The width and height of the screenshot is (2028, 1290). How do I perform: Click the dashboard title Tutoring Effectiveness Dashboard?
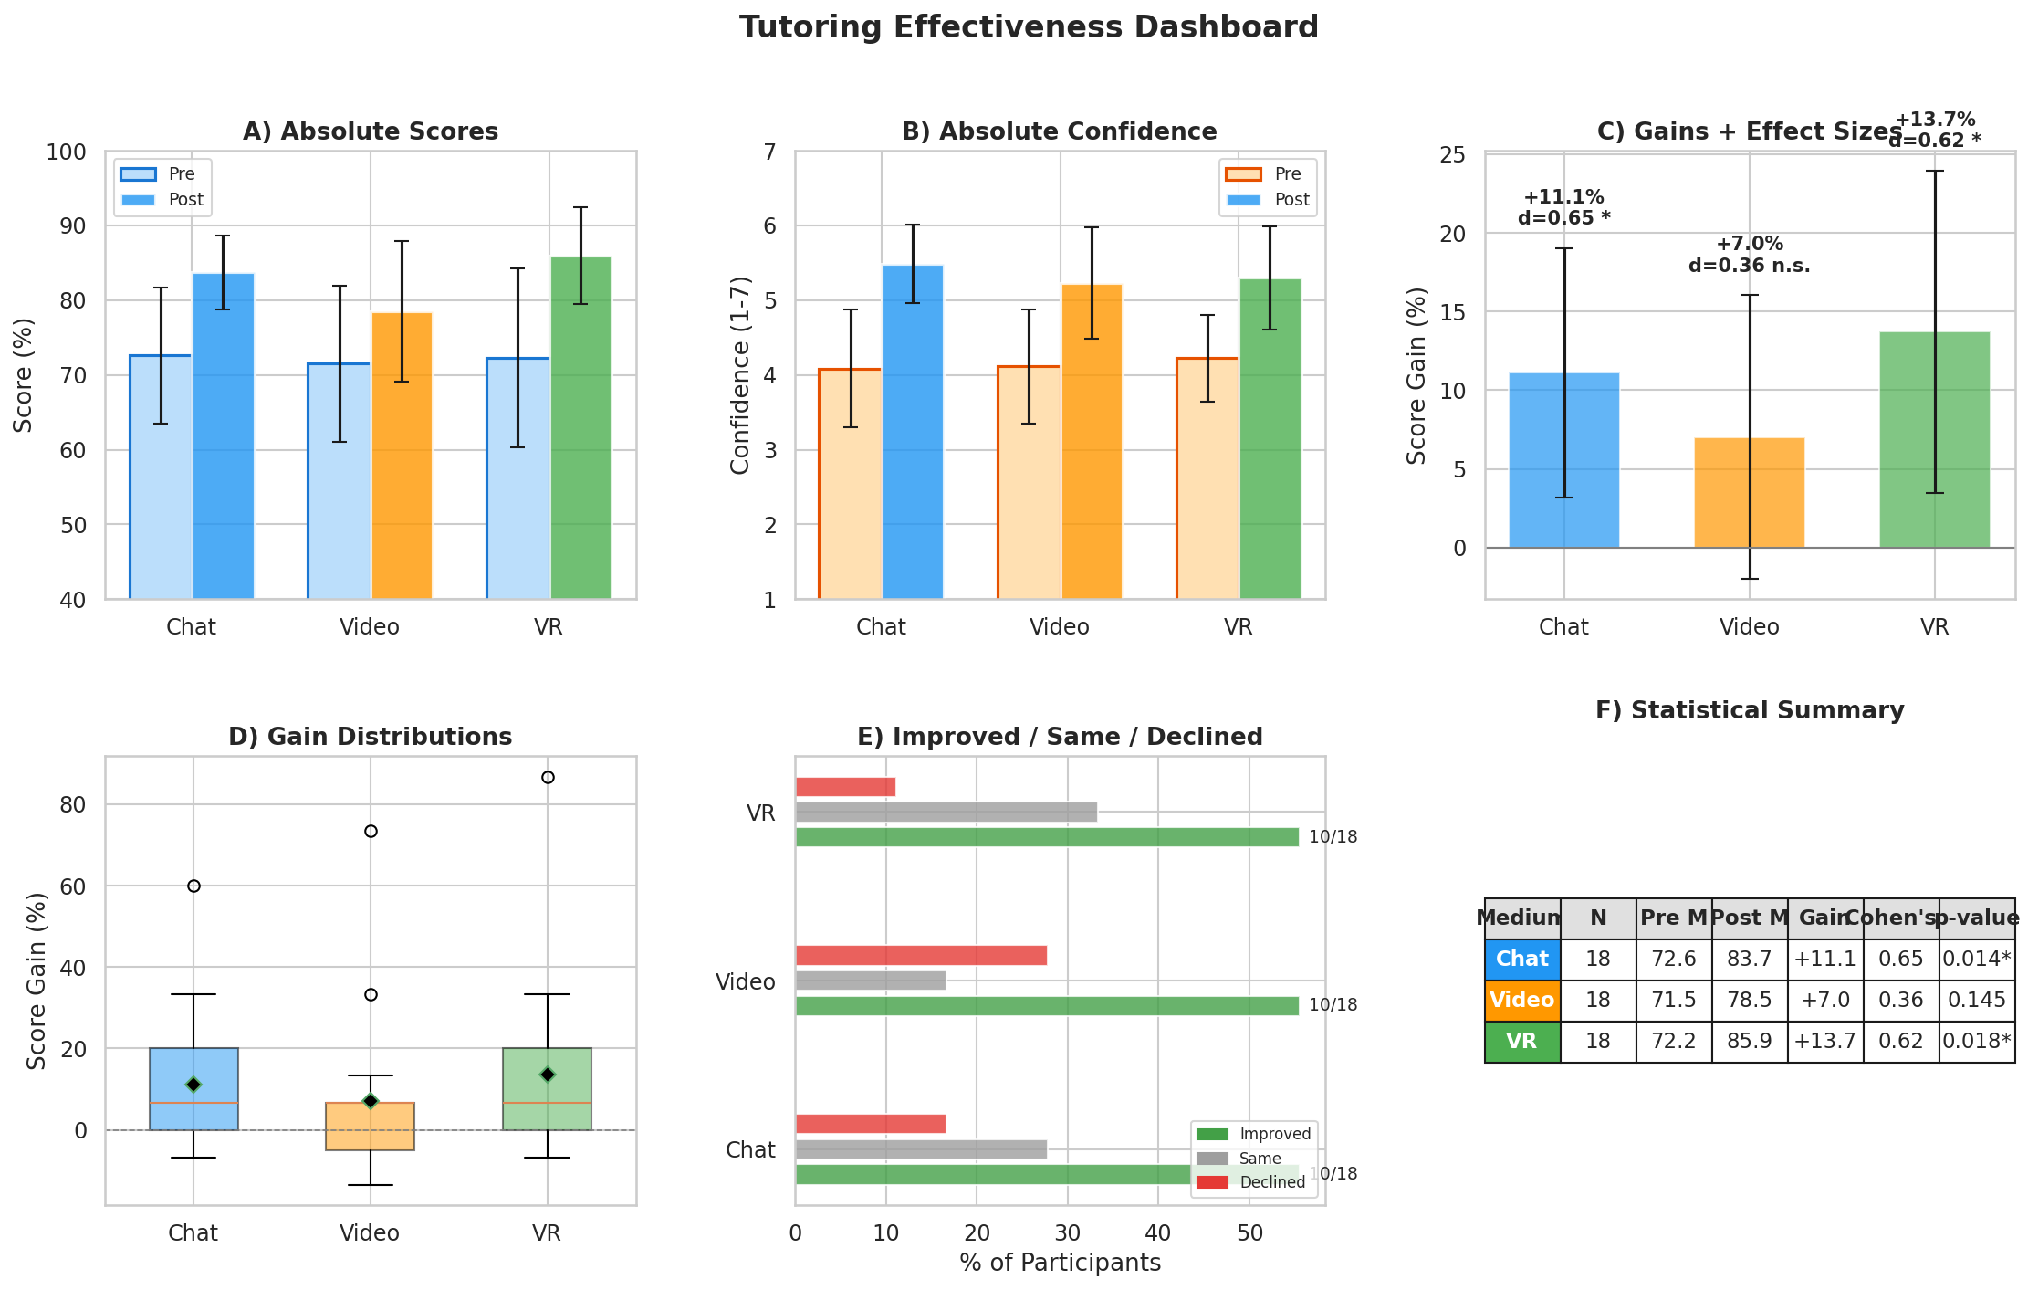coord(1029,27)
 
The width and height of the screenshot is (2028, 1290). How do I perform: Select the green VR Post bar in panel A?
coord(580,429)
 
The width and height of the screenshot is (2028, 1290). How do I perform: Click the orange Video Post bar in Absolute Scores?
coord(402,456)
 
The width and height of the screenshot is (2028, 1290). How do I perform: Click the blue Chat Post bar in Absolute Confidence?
coord(913,434)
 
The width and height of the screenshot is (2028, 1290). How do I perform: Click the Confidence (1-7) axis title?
coord(740,375)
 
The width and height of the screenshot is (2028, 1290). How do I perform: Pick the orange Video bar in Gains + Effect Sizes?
coord(1749,493)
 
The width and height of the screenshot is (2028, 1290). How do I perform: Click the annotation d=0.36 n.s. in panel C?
coord(1749,267)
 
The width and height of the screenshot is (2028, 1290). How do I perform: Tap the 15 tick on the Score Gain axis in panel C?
coord(1453,312)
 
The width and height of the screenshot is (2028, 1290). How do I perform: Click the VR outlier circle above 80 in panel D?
coord(548,778)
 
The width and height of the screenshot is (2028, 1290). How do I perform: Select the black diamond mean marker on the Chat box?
coord(193,1085)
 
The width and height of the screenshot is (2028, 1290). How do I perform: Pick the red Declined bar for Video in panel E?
coord(920,956)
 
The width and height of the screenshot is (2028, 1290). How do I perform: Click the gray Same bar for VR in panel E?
coord(946,812)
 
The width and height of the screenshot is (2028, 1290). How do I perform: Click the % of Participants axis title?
coord(1060,1263)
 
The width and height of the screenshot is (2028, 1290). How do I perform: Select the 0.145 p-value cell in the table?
coord(1976,1001)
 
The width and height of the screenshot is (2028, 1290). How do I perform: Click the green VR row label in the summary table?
coord(1521,1042)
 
